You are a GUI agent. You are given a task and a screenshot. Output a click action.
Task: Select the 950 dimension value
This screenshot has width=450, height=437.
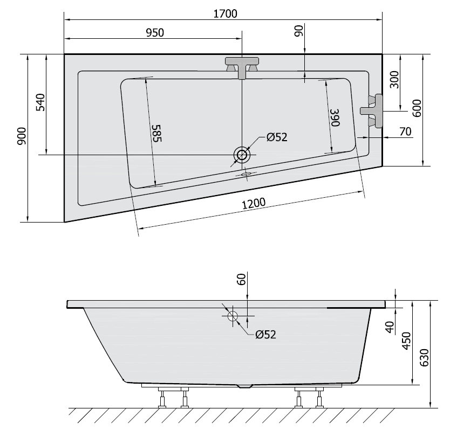[154, 32]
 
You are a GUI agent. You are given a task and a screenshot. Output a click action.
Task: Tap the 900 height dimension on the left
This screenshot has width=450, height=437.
[21, 138]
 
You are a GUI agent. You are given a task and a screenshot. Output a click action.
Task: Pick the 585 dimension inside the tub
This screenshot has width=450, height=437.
[156, 133]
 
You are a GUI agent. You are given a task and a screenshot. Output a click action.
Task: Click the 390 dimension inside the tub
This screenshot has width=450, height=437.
[335, 117]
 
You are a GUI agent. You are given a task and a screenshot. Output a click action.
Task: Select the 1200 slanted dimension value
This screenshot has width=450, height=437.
[254, 203]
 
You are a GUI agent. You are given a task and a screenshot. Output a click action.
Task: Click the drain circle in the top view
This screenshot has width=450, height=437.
[242, 155]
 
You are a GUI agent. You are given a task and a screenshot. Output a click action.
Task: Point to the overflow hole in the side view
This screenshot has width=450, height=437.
[233, 316]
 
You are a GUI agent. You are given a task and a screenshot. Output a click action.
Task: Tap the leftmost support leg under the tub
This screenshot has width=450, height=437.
[162, 398]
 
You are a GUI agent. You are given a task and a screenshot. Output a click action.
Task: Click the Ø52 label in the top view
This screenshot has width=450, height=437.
[277, 137]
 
